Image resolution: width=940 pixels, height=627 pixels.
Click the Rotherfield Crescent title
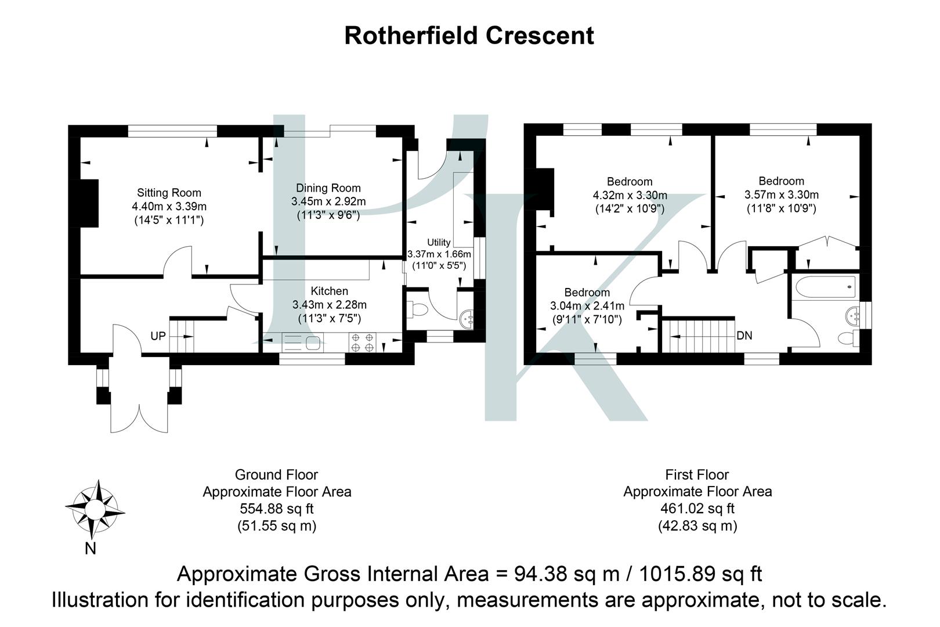pyautogui.click(x=469, y=35)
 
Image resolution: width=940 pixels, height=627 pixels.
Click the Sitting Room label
pyautogui.click(x=169, y=193)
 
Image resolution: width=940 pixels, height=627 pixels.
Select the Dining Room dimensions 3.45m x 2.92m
pyautogui.click(x=328, y=201)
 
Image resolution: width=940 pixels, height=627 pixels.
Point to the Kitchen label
pyautogui.click(x=329, y=291)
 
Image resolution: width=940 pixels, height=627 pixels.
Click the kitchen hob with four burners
pyautogui.click(x=363, y=342)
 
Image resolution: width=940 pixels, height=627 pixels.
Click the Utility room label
pyautogui.click(x=439, y=242)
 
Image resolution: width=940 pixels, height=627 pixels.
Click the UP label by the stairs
pyautogui.click(x=158, y=336)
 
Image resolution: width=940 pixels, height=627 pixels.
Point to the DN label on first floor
pyautogui.click(x=745, y=336)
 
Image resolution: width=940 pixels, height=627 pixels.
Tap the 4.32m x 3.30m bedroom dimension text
pyautogui.click(x=630, y=195)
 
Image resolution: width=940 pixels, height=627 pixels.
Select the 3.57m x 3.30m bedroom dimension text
pyautogui.click(x=781, y=194)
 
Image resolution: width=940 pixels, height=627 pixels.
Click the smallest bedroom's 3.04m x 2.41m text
pyautogui.click(x=587, y=306)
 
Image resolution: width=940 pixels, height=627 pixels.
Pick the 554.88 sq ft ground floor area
pyautogui.click(x=277, y=509)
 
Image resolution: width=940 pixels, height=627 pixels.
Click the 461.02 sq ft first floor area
pyautogui.click(x=697, y=509)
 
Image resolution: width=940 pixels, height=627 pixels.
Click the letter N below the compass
pyautogui.click(x=90, y=549)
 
